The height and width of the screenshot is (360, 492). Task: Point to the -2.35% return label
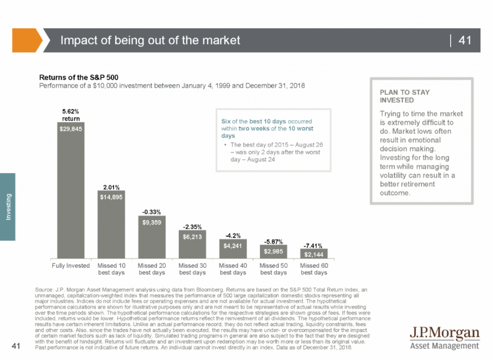[192, 226]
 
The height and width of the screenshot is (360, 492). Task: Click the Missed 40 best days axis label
[233, 269]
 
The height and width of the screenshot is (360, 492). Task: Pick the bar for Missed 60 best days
[314, 253]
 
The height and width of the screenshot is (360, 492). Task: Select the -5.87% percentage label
[273, 241]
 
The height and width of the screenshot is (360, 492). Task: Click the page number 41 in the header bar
[465, 40]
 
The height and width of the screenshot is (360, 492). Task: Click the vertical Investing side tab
[8, 207]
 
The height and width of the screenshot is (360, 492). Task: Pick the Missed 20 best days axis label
[152, 269]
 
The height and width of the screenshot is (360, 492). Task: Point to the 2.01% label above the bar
[111, 186]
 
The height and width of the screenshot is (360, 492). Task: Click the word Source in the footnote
[45, 289]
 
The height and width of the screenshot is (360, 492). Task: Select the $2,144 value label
[314, 254]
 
